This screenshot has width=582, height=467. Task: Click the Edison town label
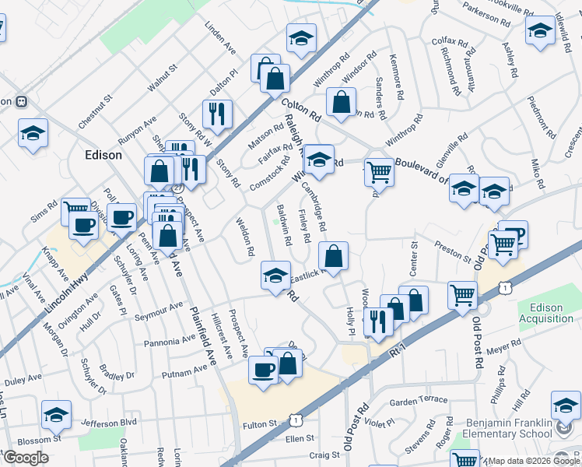tap(103, 155)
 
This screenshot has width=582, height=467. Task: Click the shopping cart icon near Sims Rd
tap(75, 209)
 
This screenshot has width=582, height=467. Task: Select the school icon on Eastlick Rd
tap(275, 276)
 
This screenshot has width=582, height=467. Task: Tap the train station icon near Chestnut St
tap(20, 102)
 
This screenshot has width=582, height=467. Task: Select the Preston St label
tap(453, 253)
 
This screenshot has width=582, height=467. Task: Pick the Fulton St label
tap(260, 424)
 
